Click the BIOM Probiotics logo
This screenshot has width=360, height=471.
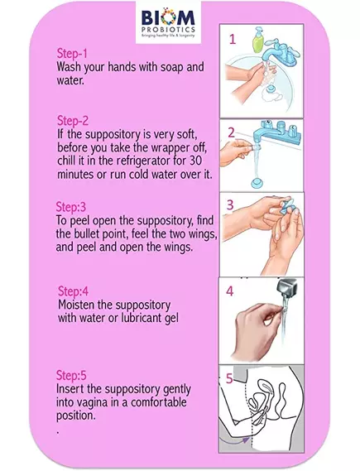(168, 22)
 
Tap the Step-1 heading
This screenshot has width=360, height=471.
(72, 54)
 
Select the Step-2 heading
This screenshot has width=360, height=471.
(73, 121)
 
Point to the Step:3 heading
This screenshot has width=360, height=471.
(71, 207)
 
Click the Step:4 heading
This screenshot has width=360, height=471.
(74, 291)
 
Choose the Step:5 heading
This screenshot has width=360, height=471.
(71, 375)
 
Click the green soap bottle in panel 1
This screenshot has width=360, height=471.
(257, 41)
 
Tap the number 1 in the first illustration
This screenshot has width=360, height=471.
(233, 40)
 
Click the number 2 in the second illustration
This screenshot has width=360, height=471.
(231, 132)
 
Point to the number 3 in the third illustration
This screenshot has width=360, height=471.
(230, 204)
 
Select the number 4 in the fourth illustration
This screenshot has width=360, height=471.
(230, 291)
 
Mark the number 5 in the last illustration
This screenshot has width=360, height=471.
(229, 379)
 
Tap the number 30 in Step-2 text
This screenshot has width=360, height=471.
(195, 161)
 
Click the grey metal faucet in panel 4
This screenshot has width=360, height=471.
(286, 286)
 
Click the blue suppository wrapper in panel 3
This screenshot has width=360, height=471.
(286, 207)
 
